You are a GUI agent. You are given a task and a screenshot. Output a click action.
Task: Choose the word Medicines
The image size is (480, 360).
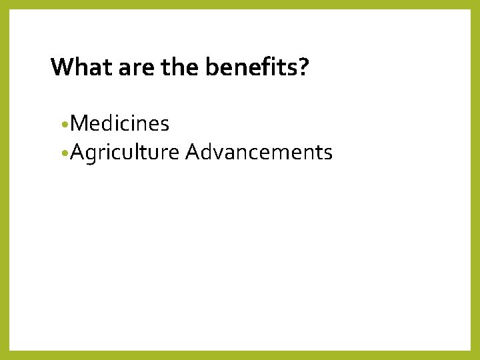coord(119,123)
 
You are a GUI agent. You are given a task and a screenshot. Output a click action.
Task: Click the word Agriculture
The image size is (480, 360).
coord(124,153)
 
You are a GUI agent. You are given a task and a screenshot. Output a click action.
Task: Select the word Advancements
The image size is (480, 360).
coord(259,153)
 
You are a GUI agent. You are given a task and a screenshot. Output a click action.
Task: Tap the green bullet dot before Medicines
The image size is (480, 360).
coord(62,125)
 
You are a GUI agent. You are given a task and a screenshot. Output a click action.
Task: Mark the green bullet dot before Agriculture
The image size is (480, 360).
coord(62,154)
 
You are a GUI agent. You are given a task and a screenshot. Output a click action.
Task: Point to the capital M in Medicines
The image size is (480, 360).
coord(77,123)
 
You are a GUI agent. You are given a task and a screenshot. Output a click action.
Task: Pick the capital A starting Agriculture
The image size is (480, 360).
coord(76,153)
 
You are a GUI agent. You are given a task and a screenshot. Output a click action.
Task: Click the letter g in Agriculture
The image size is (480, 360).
coord(90,155)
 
